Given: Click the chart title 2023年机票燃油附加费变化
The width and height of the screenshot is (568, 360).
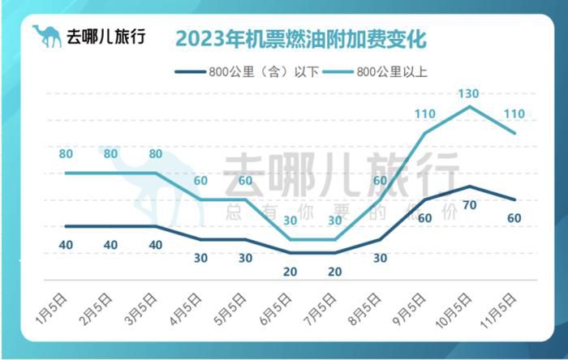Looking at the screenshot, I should click(300, 38).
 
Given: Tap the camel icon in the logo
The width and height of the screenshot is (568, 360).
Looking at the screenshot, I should click(46, 36).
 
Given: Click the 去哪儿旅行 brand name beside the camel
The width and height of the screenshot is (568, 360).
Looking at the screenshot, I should click(105, 36).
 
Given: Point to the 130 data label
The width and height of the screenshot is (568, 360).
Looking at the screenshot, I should click(468, 94).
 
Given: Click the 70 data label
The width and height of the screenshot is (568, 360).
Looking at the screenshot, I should click(469, 205).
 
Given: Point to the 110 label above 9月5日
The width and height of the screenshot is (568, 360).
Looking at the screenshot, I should click(425, 114).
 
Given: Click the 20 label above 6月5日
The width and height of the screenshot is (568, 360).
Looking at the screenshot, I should click(290, 272).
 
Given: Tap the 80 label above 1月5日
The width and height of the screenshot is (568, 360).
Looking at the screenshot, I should click(66, 153).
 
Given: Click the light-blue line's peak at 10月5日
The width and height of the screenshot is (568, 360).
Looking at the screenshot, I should click(470, 106).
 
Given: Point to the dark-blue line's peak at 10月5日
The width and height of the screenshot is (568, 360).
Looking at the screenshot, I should click(470, 186).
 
